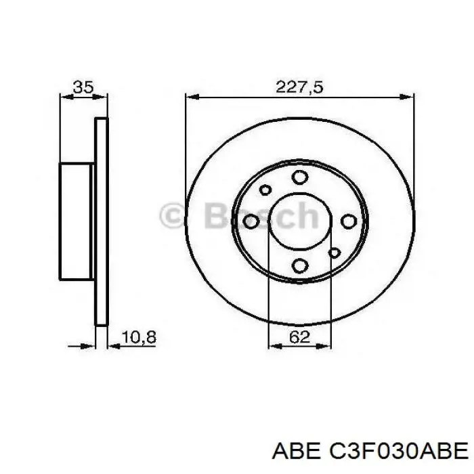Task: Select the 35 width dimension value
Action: tap(83, 87)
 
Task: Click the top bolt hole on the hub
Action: tap(299, 177)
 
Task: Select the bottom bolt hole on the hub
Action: tap(299, 266)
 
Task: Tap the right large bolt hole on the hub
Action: tap(348, 221)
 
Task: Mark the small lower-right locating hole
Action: tap(333, 253)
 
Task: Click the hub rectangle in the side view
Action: tap(76, 221)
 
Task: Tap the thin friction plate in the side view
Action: tap(101, 221)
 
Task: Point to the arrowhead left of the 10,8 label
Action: tap(112, 345)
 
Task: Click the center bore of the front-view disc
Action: tap(299, 221)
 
